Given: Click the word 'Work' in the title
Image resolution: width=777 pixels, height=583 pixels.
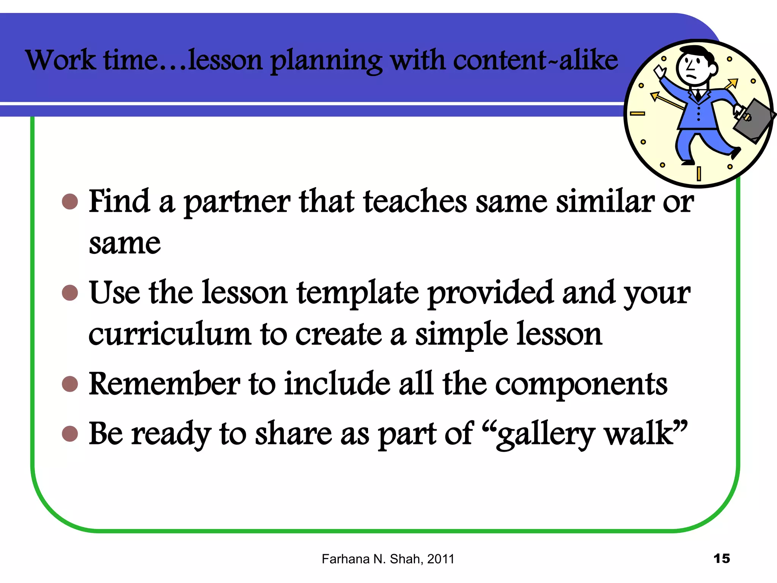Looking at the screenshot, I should point(61,60).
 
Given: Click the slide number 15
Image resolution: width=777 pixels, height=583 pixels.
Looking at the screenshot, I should point(722,559).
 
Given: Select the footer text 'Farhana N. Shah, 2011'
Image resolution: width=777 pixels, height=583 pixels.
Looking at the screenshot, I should point(388,559).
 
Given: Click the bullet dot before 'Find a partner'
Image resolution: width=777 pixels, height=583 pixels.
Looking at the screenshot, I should point(70,202).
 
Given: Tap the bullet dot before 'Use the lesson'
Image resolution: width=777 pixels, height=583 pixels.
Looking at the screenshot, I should point(70,293).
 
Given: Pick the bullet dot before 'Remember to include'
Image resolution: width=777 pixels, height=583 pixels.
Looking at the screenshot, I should point(70,384).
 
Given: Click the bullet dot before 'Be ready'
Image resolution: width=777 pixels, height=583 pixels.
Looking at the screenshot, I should point(70,433).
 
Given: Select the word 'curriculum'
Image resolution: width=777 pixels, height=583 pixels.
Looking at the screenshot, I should point(170,334).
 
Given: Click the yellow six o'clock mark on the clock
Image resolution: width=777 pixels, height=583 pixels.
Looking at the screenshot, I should point(698,174).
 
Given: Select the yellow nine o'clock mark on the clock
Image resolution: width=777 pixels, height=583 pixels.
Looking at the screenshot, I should point(637,113).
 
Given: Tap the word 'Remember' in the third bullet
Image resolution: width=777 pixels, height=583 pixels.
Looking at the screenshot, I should point(164,384).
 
